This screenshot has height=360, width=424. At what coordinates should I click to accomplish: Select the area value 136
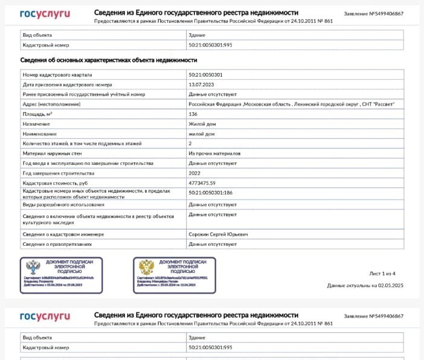[x=193, y=114]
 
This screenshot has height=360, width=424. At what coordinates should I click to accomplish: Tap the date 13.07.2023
[x=202, y=85]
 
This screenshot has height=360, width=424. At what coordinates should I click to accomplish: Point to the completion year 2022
[x=194, y=173]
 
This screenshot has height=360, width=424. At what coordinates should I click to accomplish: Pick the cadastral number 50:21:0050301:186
[x=211, y=192]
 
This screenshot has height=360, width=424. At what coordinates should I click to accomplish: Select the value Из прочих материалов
[x=214, y=153]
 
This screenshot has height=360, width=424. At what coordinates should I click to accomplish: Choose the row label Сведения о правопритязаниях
[x=57, y=244]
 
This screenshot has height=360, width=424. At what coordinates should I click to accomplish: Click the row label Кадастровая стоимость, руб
[x=55, y=183]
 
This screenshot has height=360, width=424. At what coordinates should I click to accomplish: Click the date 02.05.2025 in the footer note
[x=391, y=285]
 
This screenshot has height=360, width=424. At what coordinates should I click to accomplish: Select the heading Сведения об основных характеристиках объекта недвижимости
[x=108, y=60]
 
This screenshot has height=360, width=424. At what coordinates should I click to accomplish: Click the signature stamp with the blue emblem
[x=61, y=274]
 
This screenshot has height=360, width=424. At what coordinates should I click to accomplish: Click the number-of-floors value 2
[x=190, y=144]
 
